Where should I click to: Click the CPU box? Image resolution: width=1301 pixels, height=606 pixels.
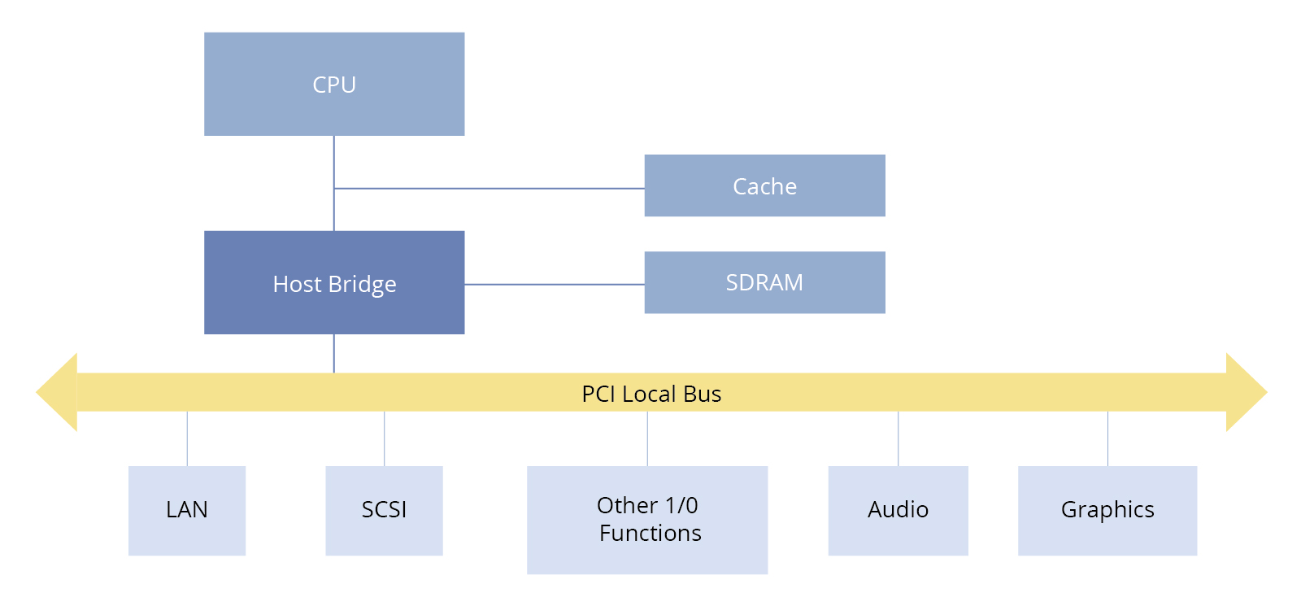pyautogui.click(x=334, y=85)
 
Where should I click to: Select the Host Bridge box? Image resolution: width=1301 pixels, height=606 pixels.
pyautogui.click(x=334, y=282)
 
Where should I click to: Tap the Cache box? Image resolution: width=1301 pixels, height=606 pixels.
pyautogui.click(x=765, y=185)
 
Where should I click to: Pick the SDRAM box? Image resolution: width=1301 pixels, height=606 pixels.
pyautogui.click(x=765, y=282)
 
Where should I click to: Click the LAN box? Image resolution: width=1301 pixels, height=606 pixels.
pyautogui.click(x=187, y=511)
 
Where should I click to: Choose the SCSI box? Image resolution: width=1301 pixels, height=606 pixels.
pyautogui.click(x=384, y=511)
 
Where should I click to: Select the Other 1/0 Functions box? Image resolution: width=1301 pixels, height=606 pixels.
pyautogui.click(x=647, y=520)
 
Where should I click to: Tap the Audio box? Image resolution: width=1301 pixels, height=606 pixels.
pyautogui.click(x=898, y=511)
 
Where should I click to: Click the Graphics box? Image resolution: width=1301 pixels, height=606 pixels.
pyautogui.click(x=1107, y=511)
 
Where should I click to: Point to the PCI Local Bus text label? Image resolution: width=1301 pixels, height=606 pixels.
pyautogui.click(x=651, y=394)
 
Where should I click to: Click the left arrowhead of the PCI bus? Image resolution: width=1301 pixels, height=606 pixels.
pyautogui.click(x=56, y=392)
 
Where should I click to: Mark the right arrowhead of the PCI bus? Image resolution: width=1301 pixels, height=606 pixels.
pyautogui.click(x=1247, y=392)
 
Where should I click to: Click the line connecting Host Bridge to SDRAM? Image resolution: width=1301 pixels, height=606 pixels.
pyautogui.click(x=555, y=285)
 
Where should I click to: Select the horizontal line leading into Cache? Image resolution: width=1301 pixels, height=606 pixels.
pyautogui.click(x=489, y=188)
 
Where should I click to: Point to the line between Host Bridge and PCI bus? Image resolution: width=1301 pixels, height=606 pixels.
pyautogui.click(x=334, y=353)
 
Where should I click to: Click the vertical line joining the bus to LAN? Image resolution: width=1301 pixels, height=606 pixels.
pyautogui.click(x=187, y=438)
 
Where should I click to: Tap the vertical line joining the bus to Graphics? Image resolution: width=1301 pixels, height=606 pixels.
pyautogui.click(x=1107, y=438)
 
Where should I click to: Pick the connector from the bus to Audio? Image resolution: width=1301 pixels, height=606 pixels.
pyautogui.click(x=898, y=438)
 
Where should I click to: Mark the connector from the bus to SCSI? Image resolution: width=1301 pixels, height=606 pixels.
pyautogui.click(x=384, y=438)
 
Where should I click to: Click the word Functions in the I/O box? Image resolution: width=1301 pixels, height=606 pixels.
pyautogui.click(x=650, y=534)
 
